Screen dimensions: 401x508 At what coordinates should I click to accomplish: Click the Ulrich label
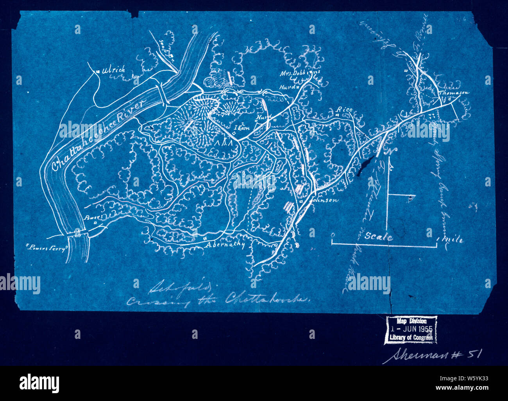click(114, 70)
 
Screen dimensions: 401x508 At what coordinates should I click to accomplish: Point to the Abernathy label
click(224, 245)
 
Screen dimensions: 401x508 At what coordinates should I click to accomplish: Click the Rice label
click(344, 110)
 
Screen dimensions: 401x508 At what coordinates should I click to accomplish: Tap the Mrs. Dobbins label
click(300, 73)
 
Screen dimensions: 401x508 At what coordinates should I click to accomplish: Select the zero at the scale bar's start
click(332, 235)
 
